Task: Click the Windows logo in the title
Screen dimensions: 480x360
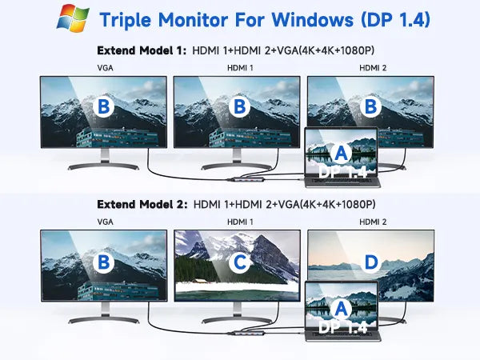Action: [73, 18]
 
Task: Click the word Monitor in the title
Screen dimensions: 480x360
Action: [193, 20]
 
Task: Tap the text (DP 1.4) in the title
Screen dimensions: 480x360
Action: [395, 20]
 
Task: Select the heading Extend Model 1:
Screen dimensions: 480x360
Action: [142, 50]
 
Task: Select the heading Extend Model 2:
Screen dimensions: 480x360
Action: [142, 205]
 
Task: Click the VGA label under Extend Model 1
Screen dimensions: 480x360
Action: [105, 68]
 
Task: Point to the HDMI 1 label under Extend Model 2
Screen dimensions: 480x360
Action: [240, 222]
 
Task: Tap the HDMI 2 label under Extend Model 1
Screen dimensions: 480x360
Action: [373, 68]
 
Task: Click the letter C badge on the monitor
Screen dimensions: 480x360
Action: [239, 262]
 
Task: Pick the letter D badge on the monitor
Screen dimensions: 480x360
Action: [371, 262]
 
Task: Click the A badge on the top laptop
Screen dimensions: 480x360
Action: [341, 153]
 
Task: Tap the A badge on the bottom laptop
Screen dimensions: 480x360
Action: [341, 309]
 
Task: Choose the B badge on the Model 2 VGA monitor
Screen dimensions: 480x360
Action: [103, 262]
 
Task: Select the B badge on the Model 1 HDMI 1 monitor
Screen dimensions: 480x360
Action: [239, 106]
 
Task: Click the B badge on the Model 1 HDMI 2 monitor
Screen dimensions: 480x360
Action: [370, 106]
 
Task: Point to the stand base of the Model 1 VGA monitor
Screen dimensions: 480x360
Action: [103, 166]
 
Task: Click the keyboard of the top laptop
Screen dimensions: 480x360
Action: [343, 182]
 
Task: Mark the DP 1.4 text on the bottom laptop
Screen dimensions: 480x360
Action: [343, 327]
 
